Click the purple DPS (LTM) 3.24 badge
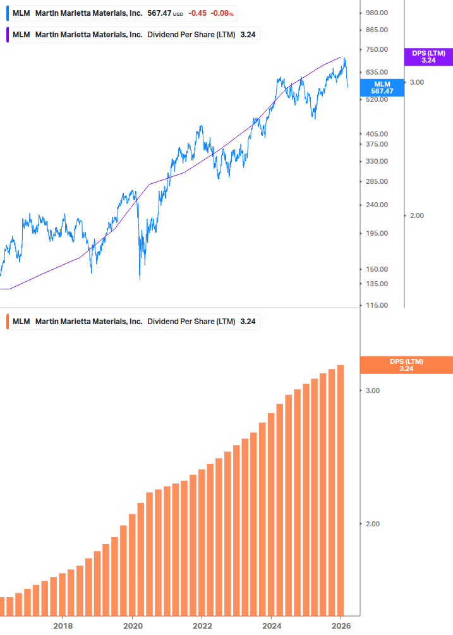tap(428, 57)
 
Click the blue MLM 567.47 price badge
tap(382, 88)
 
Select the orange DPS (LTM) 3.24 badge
tap(406, 365)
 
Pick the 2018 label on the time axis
tap(63, 626)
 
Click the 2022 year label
tap(202, 626)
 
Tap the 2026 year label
tap(341, 626)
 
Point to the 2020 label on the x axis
tap(132, 626)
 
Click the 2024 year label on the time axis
tap(271, 626)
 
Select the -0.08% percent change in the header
tap(222, 13)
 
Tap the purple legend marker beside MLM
tap(7, 35)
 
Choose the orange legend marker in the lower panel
tap(7, 322)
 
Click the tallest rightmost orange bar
tap(341, 490)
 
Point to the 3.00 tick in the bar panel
tap(373, 390)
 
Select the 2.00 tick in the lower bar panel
tap(373, 524)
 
